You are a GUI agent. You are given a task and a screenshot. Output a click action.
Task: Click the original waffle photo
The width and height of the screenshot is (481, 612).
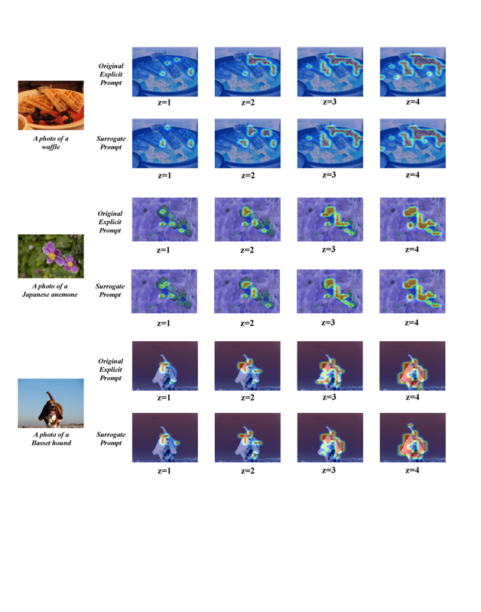point(50,106)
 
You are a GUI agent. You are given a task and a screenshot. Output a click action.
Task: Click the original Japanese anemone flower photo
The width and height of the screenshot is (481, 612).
point(50,256)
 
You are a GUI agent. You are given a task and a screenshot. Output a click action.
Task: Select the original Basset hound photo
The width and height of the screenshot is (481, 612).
point(50,403)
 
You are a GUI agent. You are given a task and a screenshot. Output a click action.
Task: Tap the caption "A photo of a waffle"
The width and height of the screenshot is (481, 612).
point(50,142)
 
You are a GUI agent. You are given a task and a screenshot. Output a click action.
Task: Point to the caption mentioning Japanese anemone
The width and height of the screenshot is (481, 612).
point(50,291)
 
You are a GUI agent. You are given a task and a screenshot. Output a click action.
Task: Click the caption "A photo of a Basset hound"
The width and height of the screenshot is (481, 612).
point(51,438)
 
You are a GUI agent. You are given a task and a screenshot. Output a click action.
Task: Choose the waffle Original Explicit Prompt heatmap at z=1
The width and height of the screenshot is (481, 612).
point(165,72)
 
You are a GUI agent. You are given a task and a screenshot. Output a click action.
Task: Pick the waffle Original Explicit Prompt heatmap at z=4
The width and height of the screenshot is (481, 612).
point(413,72)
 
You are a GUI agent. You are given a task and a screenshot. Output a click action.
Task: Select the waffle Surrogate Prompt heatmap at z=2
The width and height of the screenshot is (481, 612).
point(247,144)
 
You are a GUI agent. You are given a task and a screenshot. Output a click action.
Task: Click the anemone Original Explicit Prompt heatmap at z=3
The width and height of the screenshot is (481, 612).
point(330,220)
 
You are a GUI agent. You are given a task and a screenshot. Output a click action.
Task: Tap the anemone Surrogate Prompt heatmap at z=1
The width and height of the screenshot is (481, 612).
point(164,291)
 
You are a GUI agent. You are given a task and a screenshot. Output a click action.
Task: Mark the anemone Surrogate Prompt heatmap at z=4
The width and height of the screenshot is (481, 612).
point(412,291)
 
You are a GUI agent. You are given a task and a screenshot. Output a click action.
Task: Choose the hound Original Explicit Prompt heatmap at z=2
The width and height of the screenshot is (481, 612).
point(247,366)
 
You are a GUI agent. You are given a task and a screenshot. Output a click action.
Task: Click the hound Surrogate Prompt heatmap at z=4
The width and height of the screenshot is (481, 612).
point(413,438)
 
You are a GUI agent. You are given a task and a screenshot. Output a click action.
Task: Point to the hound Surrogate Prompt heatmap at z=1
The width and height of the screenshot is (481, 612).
point(165,438)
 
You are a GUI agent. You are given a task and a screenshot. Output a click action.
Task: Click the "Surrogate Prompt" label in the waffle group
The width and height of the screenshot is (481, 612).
point(111,143)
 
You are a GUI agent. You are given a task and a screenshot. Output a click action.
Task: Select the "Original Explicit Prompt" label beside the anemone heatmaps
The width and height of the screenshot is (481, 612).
point(110,222)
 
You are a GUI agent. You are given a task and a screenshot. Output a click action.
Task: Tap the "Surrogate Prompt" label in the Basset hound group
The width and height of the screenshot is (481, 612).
point(111,438)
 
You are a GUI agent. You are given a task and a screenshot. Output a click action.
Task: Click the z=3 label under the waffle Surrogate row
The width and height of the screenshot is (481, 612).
point(329,174)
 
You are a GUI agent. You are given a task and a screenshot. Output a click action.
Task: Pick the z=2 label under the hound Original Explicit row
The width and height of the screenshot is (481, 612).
point(247,397)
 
